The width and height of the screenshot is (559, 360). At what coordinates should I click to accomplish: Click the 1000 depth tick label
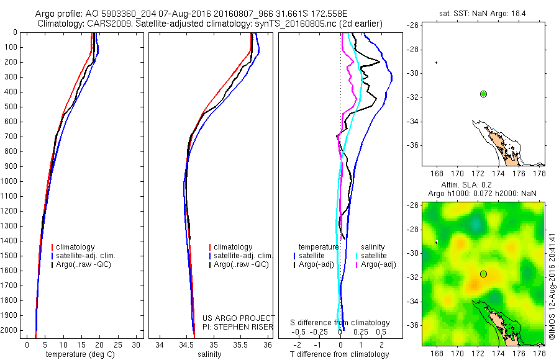[11, 181]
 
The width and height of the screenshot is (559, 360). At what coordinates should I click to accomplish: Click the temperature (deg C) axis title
[78, 354]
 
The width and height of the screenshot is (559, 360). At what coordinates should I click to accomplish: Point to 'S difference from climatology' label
[340, 323]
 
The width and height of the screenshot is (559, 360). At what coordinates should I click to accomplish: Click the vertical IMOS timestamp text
[552, 286]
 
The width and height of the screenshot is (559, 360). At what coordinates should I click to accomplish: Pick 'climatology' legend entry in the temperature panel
[75, 247]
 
